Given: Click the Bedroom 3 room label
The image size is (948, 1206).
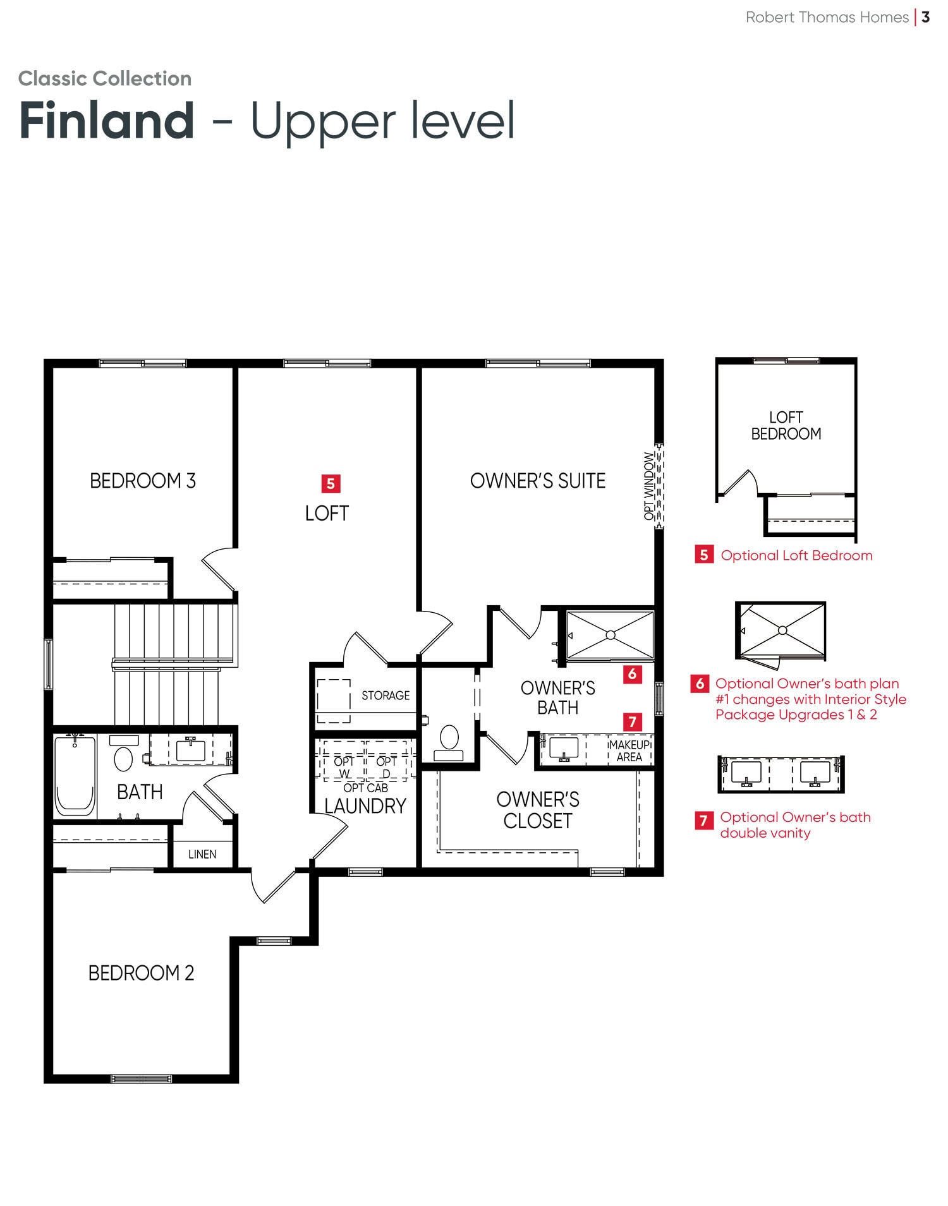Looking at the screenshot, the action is click(143, 481).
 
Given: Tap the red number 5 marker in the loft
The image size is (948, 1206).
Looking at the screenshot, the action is click(331, 484).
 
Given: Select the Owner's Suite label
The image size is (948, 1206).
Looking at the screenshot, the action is click(538, 481).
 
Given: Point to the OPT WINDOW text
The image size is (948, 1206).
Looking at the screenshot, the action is click(649, 486).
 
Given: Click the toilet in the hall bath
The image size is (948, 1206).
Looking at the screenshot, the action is click(123, 752).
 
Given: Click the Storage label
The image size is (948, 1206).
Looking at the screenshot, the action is click(386, 696).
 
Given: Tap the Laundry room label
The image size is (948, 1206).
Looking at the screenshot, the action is click(365, 806).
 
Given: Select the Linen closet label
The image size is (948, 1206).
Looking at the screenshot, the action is click(202, 854).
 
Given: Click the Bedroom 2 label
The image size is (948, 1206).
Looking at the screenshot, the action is click(142, 973).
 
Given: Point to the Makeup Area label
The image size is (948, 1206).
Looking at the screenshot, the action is click(629, 751).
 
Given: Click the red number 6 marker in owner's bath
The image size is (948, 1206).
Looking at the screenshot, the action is click(633, 674).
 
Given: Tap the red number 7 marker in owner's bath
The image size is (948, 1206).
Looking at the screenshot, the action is click(633, 721).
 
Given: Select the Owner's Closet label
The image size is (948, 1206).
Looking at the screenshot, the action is click(538, 810).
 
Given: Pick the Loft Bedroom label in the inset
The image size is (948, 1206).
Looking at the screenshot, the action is click(786, 425).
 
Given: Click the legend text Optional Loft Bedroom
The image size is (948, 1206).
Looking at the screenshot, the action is click(796, 555).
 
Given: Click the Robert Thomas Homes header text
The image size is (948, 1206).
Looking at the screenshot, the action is click(827, 17).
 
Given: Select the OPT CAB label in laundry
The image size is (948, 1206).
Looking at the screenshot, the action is click(365, 788).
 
